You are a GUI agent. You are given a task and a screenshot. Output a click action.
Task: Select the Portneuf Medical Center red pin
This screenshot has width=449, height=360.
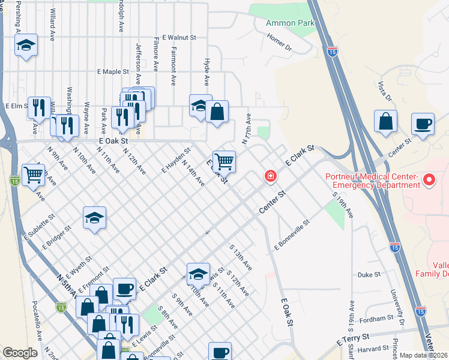pos(429,179)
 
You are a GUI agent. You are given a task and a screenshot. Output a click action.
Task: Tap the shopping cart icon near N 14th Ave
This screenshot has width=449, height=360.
pos(224,161)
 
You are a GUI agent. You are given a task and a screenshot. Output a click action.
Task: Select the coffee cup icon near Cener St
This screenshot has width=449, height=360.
pos(423,124)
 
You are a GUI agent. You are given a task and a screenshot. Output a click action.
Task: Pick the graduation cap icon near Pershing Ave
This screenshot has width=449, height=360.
pos(26,46)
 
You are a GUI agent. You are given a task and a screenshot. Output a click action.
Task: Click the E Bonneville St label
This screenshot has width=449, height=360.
pos(292,235)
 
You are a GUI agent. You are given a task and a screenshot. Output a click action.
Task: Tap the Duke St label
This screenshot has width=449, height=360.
pos(369,275)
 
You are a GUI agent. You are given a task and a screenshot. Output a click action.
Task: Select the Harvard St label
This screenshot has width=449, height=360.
pos(378,349)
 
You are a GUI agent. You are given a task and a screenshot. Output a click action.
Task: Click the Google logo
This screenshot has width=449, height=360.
pos(20,353)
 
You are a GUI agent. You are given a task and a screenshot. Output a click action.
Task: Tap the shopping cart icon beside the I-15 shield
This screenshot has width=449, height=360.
pos(33,175)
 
